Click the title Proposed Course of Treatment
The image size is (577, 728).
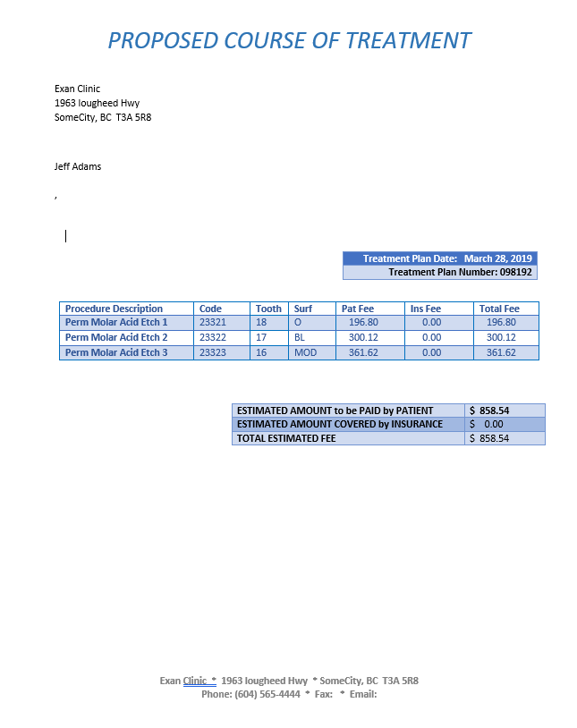pyautogui.click(x=289, y=40)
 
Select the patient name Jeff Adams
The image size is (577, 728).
pyautogui.click(x=78, y=166)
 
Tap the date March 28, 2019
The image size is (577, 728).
pyautogui.click(x=497, y=258)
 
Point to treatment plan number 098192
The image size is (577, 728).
pyautogui.click(x=516, y=272)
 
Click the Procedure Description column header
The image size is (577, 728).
pyautogui.click(x=114, y=309)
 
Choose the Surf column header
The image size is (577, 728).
pyautogui.click(x=303, y=309)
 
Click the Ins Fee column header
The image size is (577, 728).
pyautogui.click(x=426, y=309)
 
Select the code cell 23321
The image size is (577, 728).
pyautogui.click(x=212, y=322)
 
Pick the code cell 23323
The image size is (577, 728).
pyautogui.click(x=212, y=352)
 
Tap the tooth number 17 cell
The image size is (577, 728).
pyautogui.click(x=261, y=337)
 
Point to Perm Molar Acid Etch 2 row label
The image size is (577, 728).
pyautogui.click(x=116, y=337)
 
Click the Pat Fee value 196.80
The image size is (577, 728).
pyautogui.click(x=363, y=322)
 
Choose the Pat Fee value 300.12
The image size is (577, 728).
pyautogui.click(x=363, y=337)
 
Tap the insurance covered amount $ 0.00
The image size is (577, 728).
pyautogui.click(x=488, y=424)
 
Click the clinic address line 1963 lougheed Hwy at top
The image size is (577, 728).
pyautogui.click(x=97, y=103)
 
